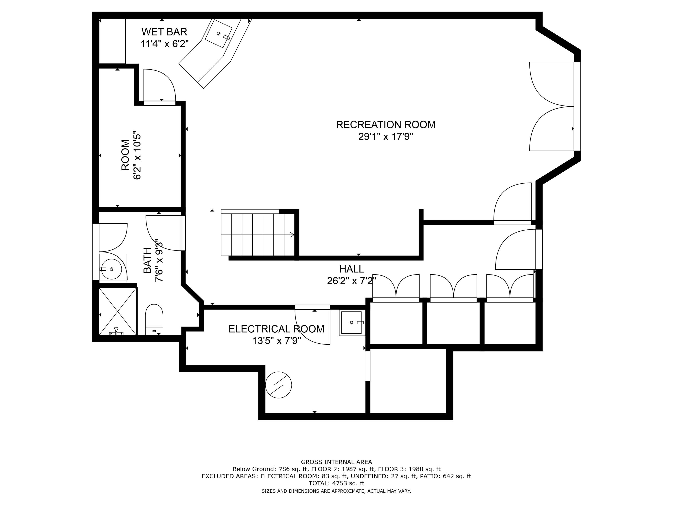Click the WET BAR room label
[164, 32]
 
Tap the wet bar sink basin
[219, 33]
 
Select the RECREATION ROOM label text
[385, 125]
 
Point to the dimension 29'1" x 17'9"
[385, 137]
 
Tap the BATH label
[147, 260]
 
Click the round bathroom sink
[111, 269]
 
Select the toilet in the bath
[154, 319]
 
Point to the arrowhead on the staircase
[292, 235]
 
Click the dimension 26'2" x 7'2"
[351, 281]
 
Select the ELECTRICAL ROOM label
[276, 329]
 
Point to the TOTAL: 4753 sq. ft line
[336, 483]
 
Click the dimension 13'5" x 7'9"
[277, 341]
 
